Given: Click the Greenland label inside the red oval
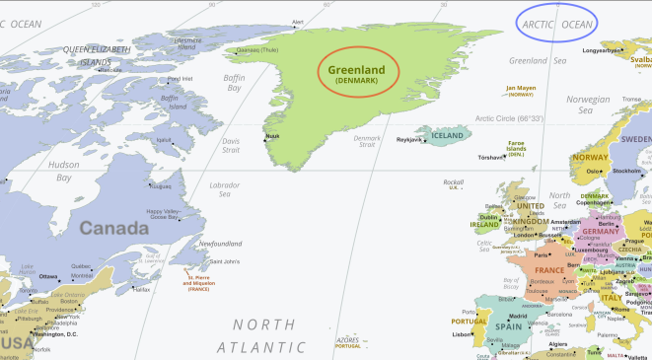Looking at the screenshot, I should pyautogui.click(x=358, y=69).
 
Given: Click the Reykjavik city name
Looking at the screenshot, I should pyautogui.click(x=409, y=140).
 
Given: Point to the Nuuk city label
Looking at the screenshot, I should pyautogui.click(x=274, y=136).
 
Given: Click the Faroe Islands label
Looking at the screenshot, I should pyautogui.click(x=516, y=146).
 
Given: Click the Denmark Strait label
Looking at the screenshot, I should pyautogui.click(x=366, y=141).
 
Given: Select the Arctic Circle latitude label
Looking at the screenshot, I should pyautogui.click(x=510, y=118).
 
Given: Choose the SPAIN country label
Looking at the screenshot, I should pyautogui.click(x=508, y=325).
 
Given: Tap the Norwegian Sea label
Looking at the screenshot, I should pyautogui.click(x=588, y=105).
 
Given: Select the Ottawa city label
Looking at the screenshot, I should pyautogui.click(x=47, y=276).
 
